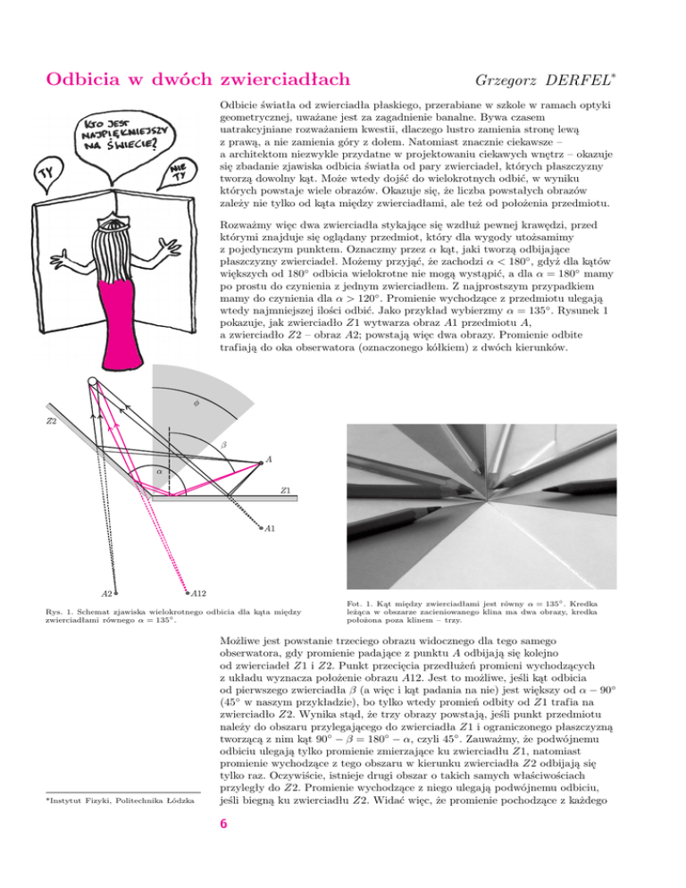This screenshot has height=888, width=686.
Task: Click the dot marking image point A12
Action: click(187, 591)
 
